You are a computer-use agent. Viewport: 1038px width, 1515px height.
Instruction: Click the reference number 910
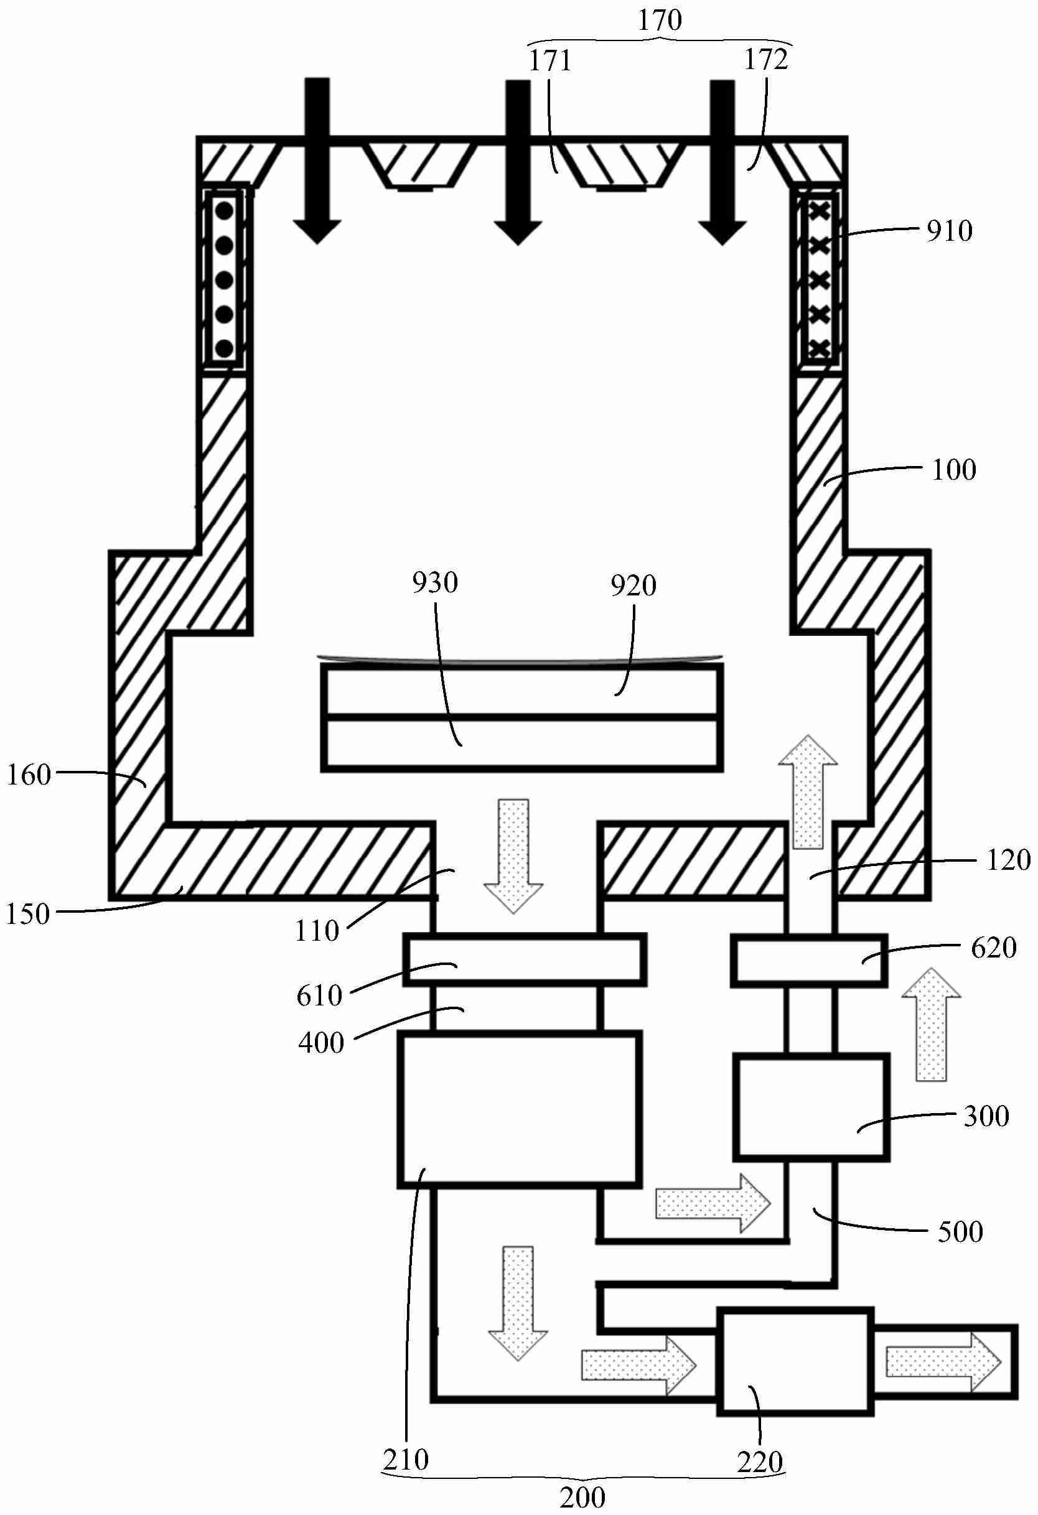950,231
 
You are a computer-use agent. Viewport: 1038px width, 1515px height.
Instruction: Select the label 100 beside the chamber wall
953,470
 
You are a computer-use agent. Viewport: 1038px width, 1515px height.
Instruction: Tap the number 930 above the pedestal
435,582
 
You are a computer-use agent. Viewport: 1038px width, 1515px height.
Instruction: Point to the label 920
633,586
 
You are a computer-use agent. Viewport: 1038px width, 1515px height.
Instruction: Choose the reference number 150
27,915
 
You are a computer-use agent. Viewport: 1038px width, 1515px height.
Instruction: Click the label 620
994,948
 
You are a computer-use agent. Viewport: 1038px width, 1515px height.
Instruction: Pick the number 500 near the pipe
960,1231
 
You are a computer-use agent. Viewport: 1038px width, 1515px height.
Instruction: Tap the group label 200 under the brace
583,1497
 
